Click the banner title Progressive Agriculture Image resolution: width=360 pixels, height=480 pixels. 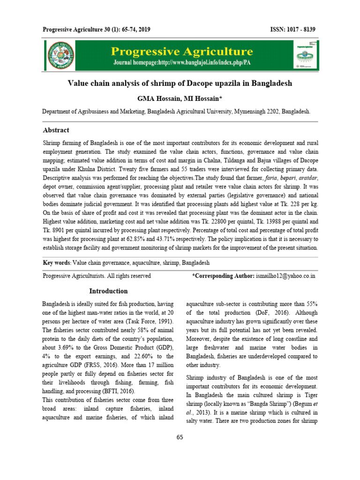point(181,51)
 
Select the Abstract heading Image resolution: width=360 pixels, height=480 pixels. point(56,130)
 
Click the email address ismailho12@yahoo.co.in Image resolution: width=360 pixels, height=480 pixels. point(285,276)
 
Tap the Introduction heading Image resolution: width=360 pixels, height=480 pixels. point(109,291)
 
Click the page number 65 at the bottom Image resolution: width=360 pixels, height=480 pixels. point(180,437)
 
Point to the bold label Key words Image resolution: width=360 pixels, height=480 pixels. point(55,263)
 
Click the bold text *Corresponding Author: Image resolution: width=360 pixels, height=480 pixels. point(224,276)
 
